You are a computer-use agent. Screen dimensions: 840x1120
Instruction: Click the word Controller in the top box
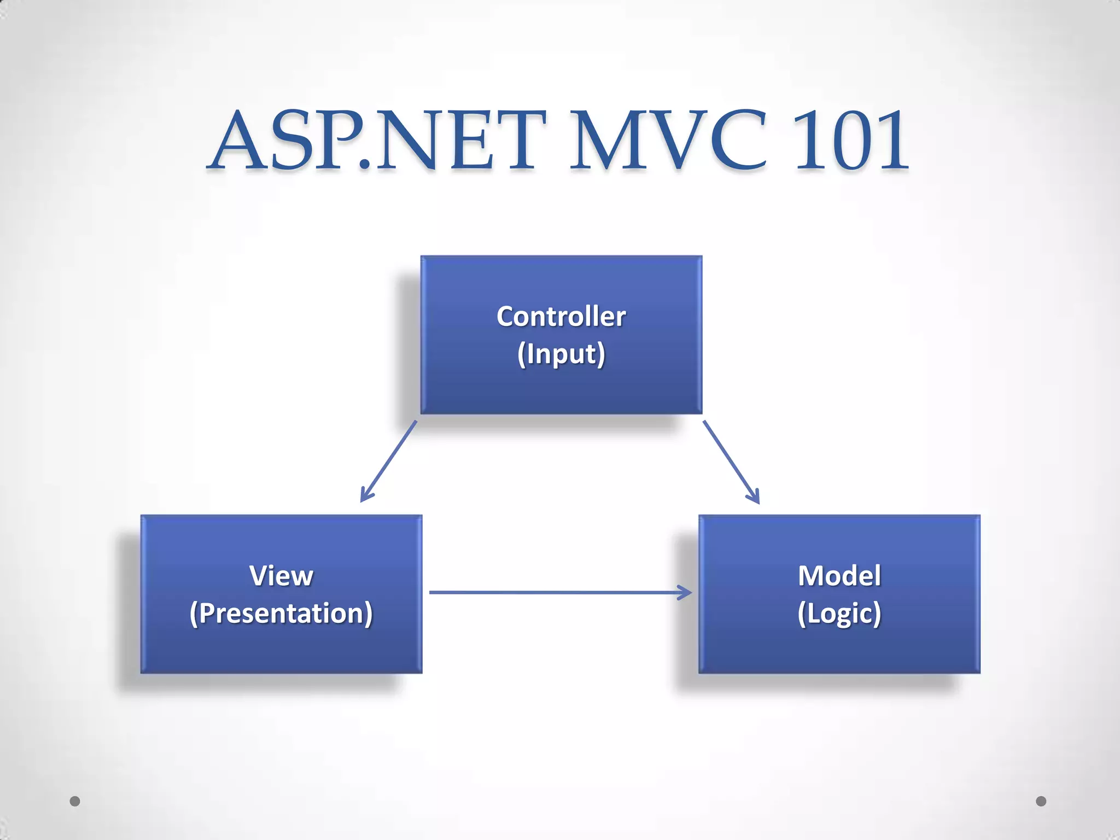point(561,317)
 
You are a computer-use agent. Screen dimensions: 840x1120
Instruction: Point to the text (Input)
point(561,354)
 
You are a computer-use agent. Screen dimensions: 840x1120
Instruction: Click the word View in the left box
point(281,576)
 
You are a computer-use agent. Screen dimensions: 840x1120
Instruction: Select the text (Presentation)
point(281,613)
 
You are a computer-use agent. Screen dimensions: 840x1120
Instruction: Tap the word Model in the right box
point(839,576)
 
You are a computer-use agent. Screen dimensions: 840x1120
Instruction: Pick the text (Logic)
point(839,613)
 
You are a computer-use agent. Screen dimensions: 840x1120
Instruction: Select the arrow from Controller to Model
point(731,461)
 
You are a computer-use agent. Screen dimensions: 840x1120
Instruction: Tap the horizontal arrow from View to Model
point(558,592)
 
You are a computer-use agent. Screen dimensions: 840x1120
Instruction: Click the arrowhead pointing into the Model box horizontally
point(686,592)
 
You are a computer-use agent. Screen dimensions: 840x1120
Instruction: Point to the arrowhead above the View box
point(365,495)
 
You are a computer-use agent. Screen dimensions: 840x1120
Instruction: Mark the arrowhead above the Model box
point(754,497)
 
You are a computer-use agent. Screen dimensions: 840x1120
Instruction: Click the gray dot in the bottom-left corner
point(75,801)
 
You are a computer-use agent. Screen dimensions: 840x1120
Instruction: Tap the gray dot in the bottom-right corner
point(1041,801)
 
